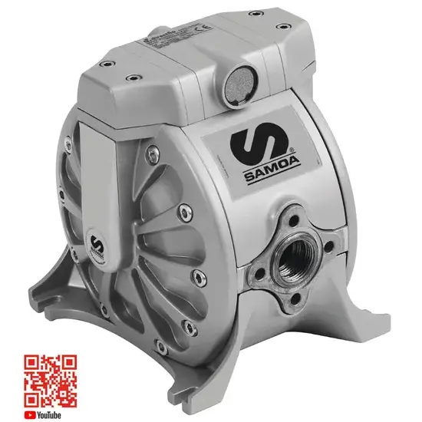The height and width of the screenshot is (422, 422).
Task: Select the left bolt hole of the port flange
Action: coord(266,254)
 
